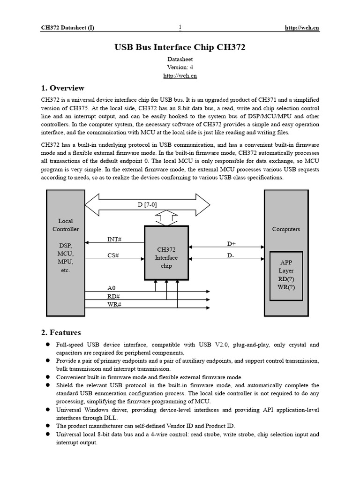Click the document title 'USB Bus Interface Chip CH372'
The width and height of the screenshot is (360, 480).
tap(180, 47)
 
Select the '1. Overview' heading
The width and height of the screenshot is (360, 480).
tap(63, 88)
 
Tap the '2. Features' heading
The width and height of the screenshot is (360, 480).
tap(61, 332)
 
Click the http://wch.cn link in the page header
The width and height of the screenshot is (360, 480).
tap(302, 28)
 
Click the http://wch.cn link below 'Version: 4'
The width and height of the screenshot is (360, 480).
tap(180, 75)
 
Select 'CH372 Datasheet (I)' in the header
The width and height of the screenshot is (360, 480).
tap(67, 28)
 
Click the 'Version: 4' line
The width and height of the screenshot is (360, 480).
tap(180, 67)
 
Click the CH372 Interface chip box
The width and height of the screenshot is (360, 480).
tap(166, 257)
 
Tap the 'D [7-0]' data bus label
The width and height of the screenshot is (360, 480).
tap(148, 204)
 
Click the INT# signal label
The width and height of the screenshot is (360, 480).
tap(114, 240)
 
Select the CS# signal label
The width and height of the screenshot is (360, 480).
tap(113, 255)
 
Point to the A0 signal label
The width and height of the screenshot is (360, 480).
tap(111, 288)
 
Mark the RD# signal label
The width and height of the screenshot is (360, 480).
tap(113, 296)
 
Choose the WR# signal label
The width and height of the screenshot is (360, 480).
tap(114, 305)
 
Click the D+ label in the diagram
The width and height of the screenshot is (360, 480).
tap(232, 244)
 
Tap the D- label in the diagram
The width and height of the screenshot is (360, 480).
tap(231, 255)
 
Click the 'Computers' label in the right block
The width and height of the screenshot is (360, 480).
tap(286, 229)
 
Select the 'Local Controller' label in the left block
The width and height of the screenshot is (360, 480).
tap(66, 225)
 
